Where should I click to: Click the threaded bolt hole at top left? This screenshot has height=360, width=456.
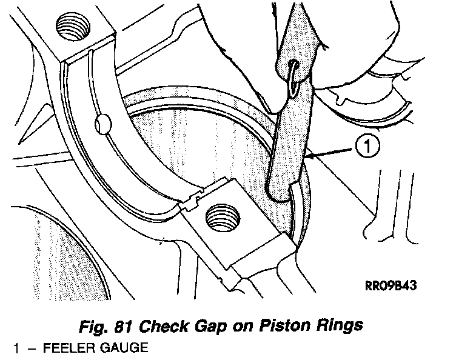[73, 27]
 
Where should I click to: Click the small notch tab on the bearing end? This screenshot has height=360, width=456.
[193, 200]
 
